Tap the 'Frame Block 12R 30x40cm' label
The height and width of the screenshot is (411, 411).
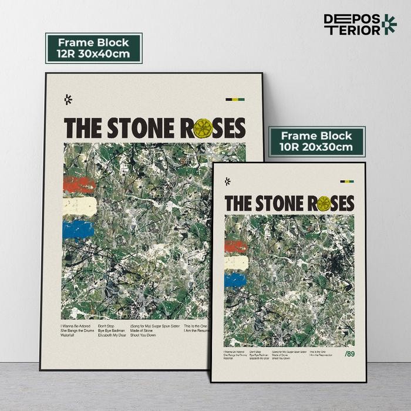(x=94, y=48)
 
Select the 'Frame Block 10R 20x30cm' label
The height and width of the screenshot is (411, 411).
(x=317, y=142)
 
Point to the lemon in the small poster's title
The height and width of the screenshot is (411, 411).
(x=324, y=203)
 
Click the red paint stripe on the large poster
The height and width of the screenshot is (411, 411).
(x=78, y=185)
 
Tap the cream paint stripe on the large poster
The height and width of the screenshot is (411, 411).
(x=78, y=206)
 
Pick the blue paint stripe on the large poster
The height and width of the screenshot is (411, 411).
(x=78, y=228)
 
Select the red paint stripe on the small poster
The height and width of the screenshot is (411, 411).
(x=235, y=247)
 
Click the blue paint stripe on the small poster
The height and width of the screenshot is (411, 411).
(x=235, y=280)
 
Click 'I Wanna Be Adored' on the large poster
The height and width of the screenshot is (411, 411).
(x=75, y=325)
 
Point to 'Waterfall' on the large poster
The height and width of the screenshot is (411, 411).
(x=68, y=335)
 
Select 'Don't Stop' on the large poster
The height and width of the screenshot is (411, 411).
(x=106, y=325)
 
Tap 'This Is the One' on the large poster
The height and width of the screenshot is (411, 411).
(x=196, y=325)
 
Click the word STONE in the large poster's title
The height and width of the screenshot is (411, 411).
(x=140, y=128)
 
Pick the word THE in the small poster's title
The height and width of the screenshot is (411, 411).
(x=238, y=203)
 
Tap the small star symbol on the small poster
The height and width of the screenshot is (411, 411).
(x=227, y=181)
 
